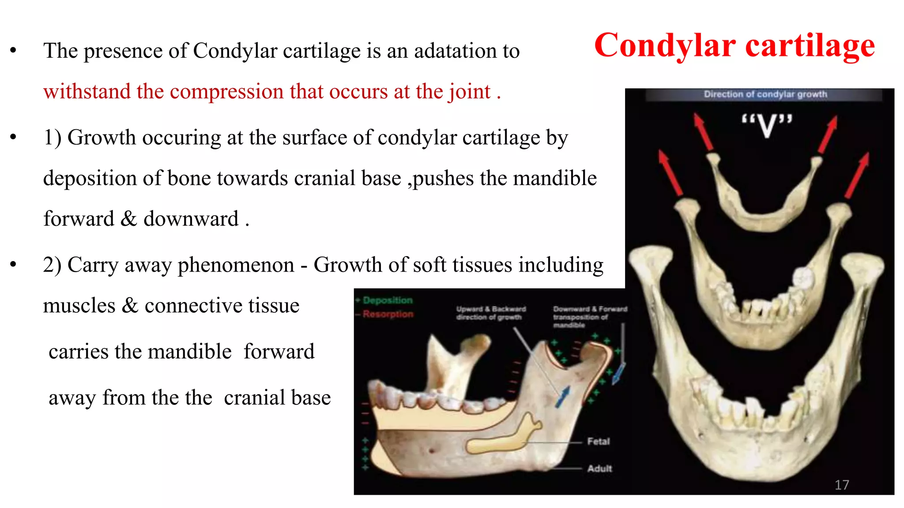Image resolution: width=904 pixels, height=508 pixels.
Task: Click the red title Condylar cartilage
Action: click(x=734, y=45)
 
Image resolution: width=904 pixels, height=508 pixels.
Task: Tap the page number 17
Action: click(x=841, y=485)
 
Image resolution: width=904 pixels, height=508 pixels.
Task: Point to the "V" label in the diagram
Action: click(x=767, y=126)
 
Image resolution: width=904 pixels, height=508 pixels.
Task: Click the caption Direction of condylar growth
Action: click(x=765, y=94)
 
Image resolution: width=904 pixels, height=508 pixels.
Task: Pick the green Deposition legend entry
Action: click(x=387, y=300)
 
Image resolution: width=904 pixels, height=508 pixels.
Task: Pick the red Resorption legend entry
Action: click(x=388, y=314)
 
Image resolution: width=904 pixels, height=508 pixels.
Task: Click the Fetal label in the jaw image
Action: click(x=598, y=441)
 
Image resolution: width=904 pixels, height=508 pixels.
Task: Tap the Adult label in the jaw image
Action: click(x=599, y=468)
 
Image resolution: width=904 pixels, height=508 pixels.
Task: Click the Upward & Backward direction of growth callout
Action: click(x=490, y=313)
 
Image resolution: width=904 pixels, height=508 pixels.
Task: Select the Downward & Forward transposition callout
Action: click(x=589, y=316)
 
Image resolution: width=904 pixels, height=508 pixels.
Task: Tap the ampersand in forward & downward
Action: click(x=128, y=219)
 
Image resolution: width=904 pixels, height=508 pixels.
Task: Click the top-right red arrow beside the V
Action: click(x=828, y=134)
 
